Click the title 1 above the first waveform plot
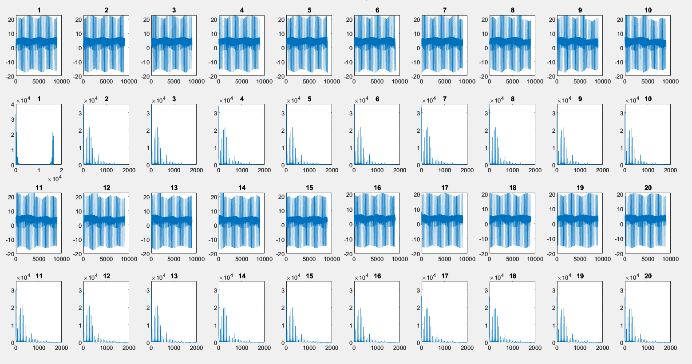39,10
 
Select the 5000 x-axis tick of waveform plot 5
309,82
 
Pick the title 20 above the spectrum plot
648,276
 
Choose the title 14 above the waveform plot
242,188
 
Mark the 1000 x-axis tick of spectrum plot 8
513,170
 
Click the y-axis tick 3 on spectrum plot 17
418,291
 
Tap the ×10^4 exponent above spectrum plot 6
363,100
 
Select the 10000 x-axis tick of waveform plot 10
670,82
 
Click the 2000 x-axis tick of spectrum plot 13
196,348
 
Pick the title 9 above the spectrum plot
580,99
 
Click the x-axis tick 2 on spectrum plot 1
61,170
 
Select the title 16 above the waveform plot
377,188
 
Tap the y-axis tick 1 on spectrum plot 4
215,148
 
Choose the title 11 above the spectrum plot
39,276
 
